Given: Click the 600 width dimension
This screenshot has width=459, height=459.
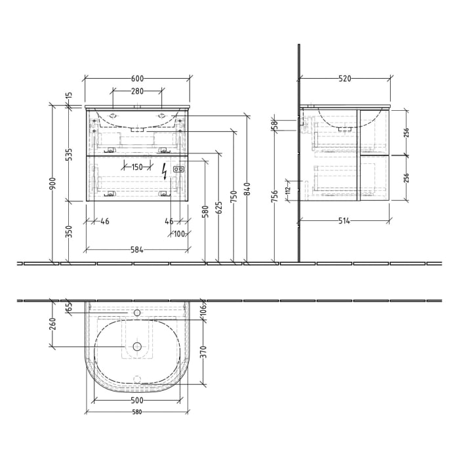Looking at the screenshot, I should (x=136, y=78).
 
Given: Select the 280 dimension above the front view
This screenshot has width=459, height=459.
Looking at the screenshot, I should (x=136, y=90).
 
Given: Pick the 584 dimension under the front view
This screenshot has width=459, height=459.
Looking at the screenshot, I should (x=136, y=249).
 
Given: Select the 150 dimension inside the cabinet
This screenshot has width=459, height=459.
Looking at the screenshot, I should (x=136, y=167).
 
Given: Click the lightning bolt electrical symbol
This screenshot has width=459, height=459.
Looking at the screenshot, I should (x=164, y=170).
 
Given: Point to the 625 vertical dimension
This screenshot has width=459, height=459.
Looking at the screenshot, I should (x=220, y=208).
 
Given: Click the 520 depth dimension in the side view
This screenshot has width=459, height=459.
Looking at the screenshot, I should (x=345, y=78).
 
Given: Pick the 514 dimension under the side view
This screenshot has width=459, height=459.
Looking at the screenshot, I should (x=345, y=221).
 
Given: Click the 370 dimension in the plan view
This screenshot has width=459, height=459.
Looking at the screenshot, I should (x=203, y=352).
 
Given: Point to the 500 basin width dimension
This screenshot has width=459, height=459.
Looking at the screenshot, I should (x=136, y=400).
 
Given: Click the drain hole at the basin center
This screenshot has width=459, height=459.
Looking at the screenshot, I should (x=137, y=346).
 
